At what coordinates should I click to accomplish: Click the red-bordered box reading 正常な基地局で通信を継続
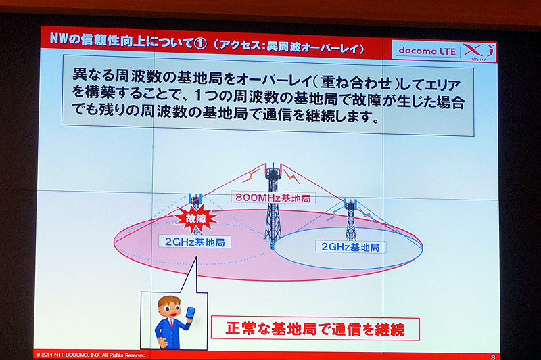pyautogui.click(x=313, y=330)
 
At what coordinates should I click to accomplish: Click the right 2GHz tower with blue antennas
pyautogui.click(x=350, y=217)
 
